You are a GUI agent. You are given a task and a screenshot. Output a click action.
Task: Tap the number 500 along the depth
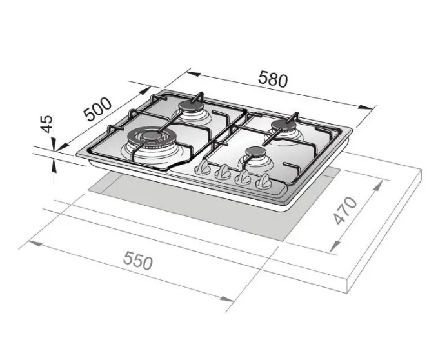tap(99, 110)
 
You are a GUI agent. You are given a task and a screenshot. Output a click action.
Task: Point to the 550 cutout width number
tap(136, 262)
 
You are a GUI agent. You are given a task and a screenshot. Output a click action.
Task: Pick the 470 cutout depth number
tap(346, 211)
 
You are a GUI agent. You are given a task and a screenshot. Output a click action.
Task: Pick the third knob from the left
tap(244, 177)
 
